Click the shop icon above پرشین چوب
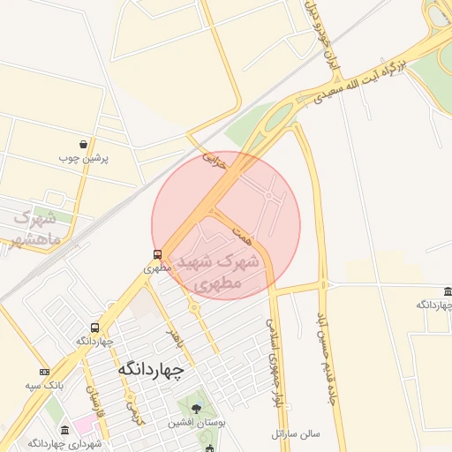(83, 143)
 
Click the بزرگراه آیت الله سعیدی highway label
(361, 81)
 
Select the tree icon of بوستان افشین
(196, 409)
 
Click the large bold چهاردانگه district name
(151, 371)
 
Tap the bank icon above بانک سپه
(44, 372)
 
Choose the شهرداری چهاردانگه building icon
(65, 430)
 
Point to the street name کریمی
(132, 411)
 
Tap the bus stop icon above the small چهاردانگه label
(94, 328)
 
